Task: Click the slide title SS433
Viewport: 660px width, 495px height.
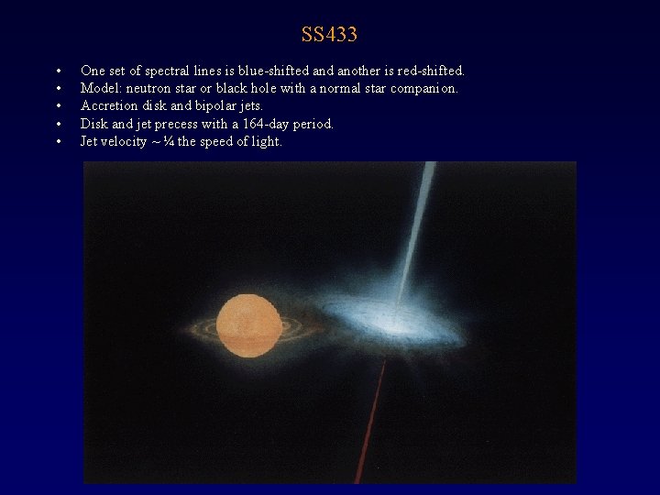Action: [329, 36]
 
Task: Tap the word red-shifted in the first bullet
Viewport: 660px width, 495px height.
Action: [431, 71]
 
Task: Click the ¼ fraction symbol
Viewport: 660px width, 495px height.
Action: [169, 141]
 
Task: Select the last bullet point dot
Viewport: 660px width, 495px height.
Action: [58, 142]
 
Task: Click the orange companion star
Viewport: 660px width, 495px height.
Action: [248, 325]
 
